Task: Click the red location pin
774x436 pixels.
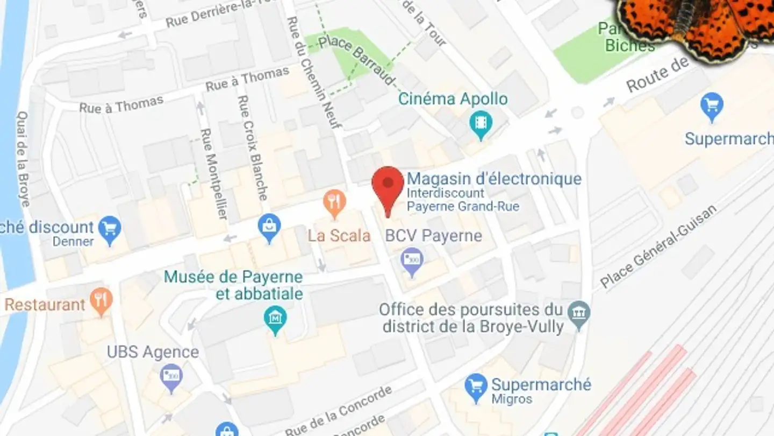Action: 388,186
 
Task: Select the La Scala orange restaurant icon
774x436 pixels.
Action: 334,203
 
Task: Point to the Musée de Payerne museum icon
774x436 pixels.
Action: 275,318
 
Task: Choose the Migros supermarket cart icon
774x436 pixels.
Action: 476,386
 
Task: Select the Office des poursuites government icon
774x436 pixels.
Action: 579,313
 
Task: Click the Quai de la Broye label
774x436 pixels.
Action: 23,159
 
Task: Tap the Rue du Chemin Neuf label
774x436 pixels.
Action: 314,73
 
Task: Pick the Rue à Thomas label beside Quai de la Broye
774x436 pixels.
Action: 121,104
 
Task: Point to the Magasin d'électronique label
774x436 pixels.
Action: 494,179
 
